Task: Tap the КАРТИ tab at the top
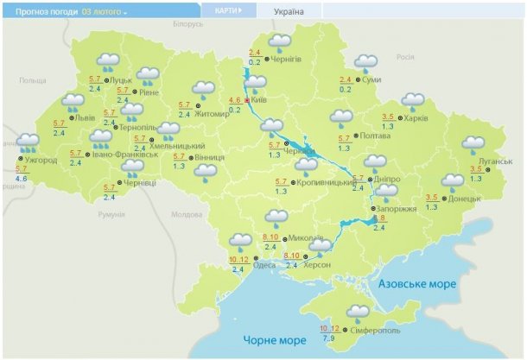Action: pos(228,10)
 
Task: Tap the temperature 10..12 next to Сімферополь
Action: pos(329,328)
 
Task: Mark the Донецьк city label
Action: pos(465,198)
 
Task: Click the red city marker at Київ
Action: pos(247,100)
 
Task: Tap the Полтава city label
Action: pos(374,136)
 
